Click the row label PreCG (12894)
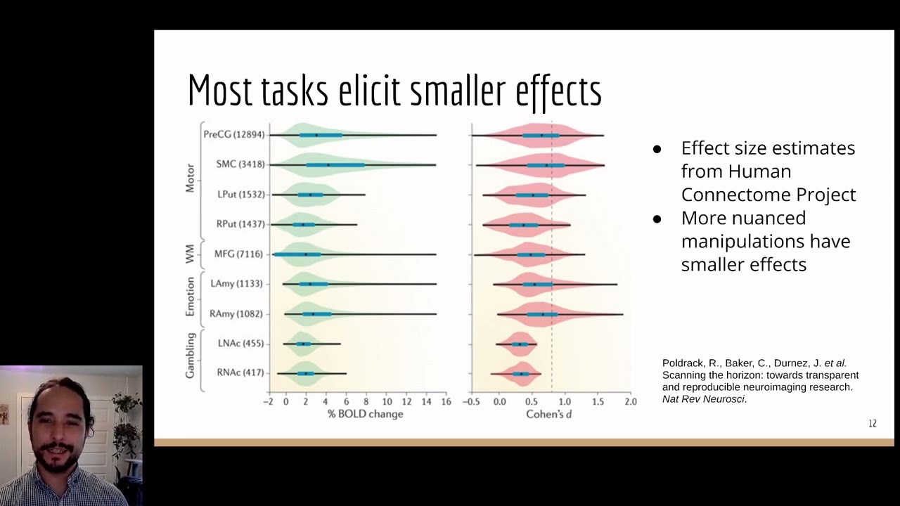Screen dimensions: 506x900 point(234,134)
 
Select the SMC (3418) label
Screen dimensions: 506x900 point(240,164)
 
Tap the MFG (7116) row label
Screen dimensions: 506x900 point(238,254)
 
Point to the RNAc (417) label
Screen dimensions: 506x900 point(240,372)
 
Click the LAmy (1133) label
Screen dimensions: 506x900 point(236,284)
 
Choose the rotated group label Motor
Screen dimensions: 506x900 point(190,179)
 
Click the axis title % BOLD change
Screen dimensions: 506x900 point(365,414)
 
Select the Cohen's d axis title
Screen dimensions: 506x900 point(548,414)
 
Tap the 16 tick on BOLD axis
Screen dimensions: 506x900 point(446,402)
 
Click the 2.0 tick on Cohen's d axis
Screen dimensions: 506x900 point(630,402)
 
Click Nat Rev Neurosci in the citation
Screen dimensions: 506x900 point(703,399)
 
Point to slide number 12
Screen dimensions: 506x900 point(873,424)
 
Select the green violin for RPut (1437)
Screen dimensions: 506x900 point(302,224)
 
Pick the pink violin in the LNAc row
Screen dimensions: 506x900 point(519,344)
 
